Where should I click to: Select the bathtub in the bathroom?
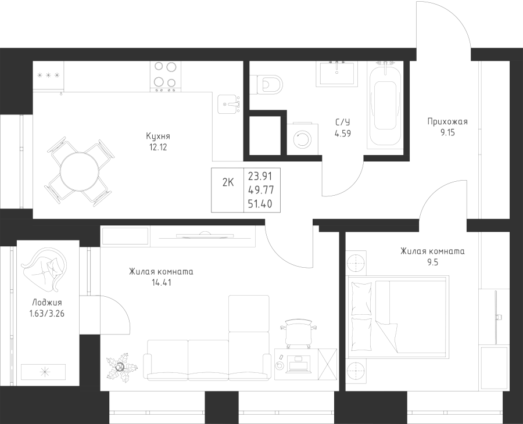[x=385, y=105]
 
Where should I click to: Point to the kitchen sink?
[x=228, y=104]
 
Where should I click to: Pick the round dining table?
[x=80, y=173]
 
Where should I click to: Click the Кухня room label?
[x=158, y=136]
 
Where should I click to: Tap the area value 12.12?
[x=158, y=147]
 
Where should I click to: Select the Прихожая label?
[x=447, y=122]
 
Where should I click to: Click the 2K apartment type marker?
[x=228, y=182]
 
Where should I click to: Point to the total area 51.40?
[x=260, y=203]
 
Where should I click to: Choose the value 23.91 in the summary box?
[x=260, y=175]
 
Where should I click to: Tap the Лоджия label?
[x=47, y=303]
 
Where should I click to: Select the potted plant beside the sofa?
[x=121, y=366]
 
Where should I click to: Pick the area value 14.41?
[x=161, y=283]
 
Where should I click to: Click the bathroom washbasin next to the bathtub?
[x=337, y=73]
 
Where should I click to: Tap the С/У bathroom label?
[x=343, y=123]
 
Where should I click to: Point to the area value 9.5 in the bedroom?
[x=433, y=262]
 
